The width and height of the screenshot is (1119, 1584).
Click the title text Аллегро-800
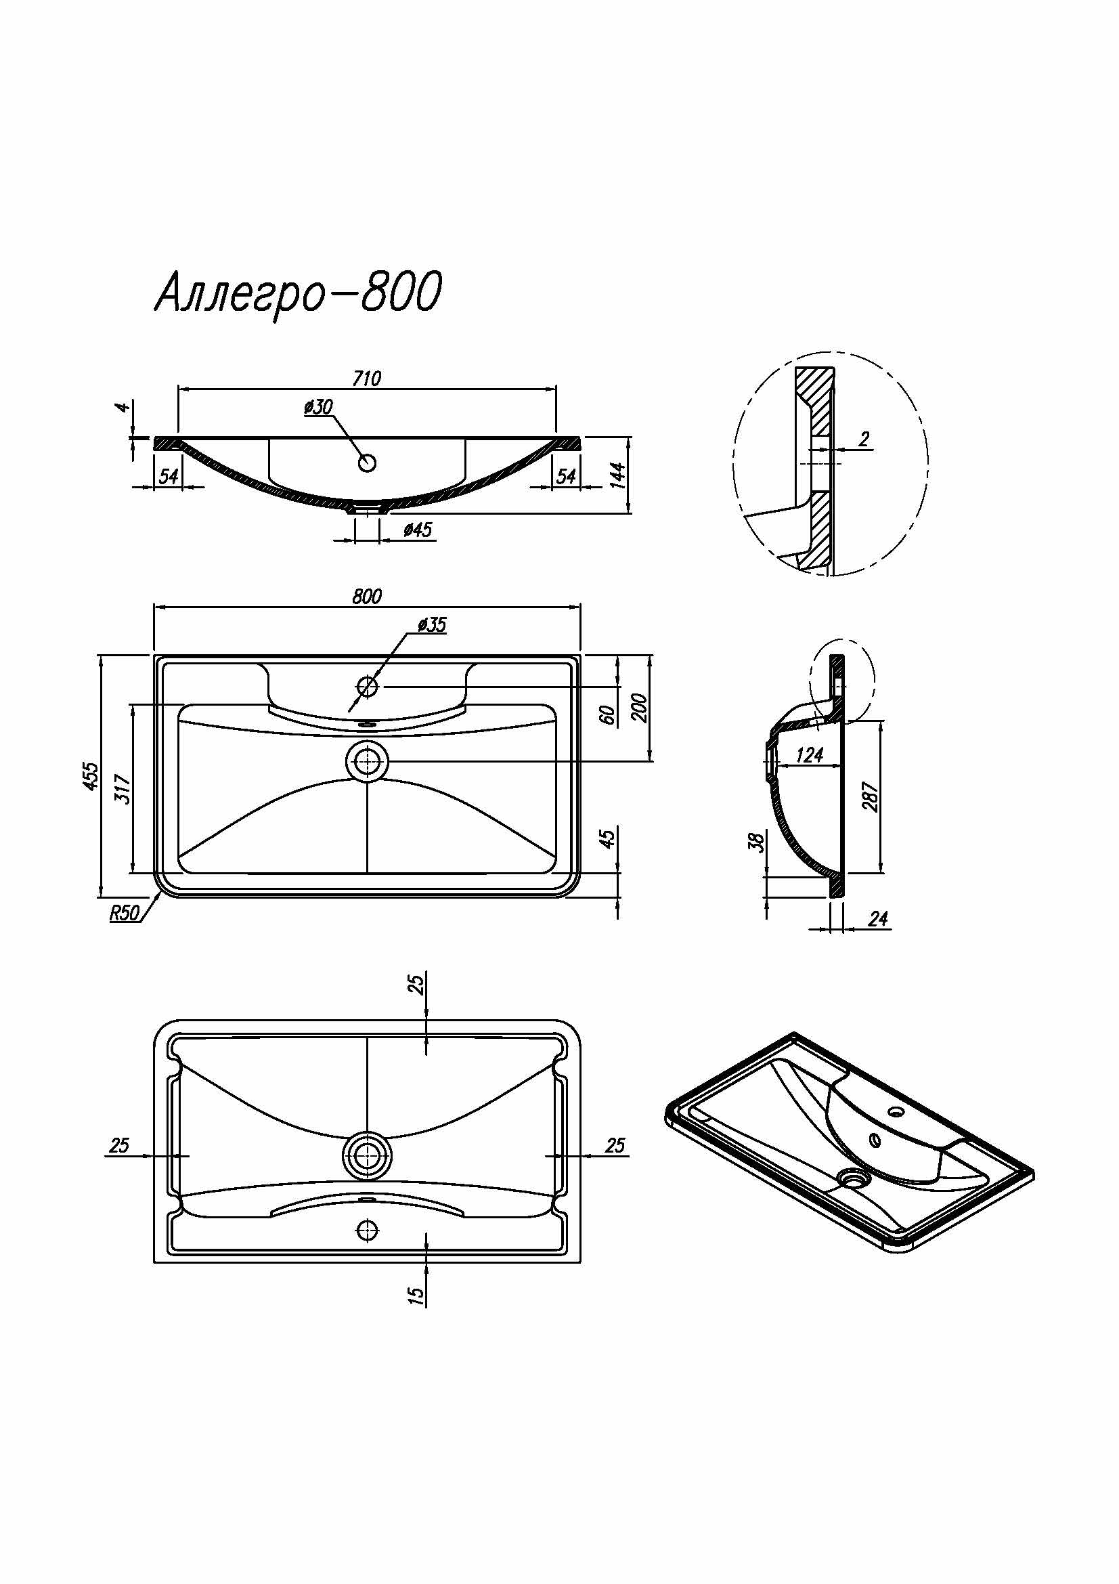(x=298, y=293)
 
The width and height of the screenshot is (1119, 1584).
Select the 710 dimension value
(x=366, y=379)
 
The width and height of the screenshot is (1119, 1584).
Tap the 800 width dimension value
(x=366, y=596)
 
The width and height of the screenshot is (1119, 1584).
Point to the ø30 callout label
(x=318, y=407)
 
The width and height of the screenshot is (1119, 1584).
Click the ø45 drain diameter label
(x=417, y=529)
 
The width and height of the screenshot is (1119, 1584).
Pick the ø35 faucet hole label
(x=433, y=625)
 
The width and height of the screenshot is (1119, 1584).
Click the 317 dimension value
(x=123, y=788)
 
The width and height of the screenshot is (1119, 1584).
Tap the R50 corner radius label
(x=124, y=913)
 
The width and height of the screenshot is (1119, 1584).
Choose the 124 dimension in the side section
(x=810, y=756)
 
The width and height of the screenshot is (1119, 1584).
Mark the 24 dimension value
(x=878, y=919)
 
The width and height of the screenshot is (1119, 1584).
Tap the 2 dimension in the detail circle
(x=864, y=440)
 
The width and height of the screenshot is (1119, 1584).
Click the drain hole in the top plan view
(x=367, y=762)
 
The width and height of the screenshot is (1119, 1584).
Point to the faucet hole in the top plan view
(x=367, y=687)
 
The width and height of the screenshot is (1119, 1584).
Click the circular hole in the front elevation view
(x=368, y=463)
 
